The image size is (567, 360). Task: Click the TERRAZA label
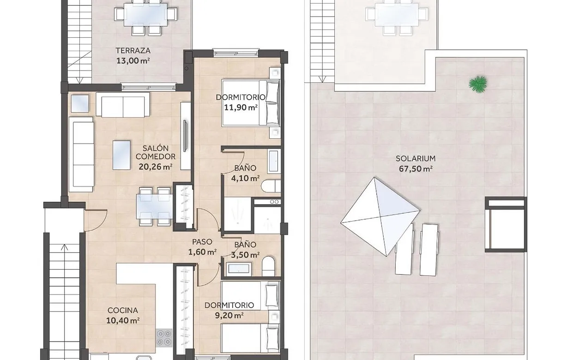133,51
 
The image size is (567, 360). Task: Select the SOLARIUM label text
416,159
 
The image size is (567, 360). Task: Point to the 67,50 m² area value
416,169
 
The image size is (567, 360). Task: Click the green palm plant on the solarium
478,84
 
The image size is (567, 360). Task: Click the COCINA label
123,311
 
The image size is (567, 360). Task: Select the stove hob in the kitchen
163,337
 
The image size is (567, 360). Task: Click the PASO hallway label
202,242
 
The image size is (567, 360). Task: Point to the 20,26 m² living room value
156,167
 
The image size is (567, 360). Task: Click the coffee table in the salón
122,155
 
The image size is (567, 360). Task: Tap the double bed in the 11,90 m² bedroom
251,103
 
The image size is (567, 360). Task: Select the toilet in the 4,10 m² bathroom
271,186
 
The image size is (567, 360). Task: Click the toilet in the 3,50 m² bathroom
268,266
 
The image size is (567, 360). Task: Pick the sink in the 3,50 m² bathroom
238,269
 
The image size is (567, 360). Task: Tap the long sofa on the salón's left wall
81,154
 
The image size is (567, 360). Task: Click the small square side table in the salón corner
79,103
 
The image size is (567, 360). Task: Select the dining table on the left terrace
145,15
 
